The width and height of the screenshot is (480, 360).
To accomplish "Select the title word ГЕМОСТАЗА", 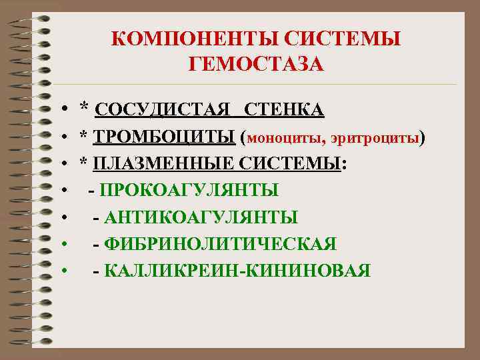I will (256, 64).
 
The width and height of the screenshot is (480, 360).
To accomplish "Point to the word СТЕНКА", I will (284, 109).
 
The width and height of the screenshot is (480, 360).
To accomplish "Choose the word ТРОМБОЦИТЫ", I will (165, 137).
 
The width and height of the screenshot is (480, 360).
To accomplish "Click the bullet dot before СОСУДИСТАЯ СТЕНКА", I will (61, 109).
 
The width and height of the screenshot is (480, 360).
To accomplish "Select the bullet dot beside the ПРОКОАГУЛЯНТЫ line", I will (61, 191).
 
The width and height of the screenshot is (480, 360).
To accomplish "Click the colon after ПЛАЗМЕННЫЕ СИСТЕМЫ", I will (344, 165).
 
